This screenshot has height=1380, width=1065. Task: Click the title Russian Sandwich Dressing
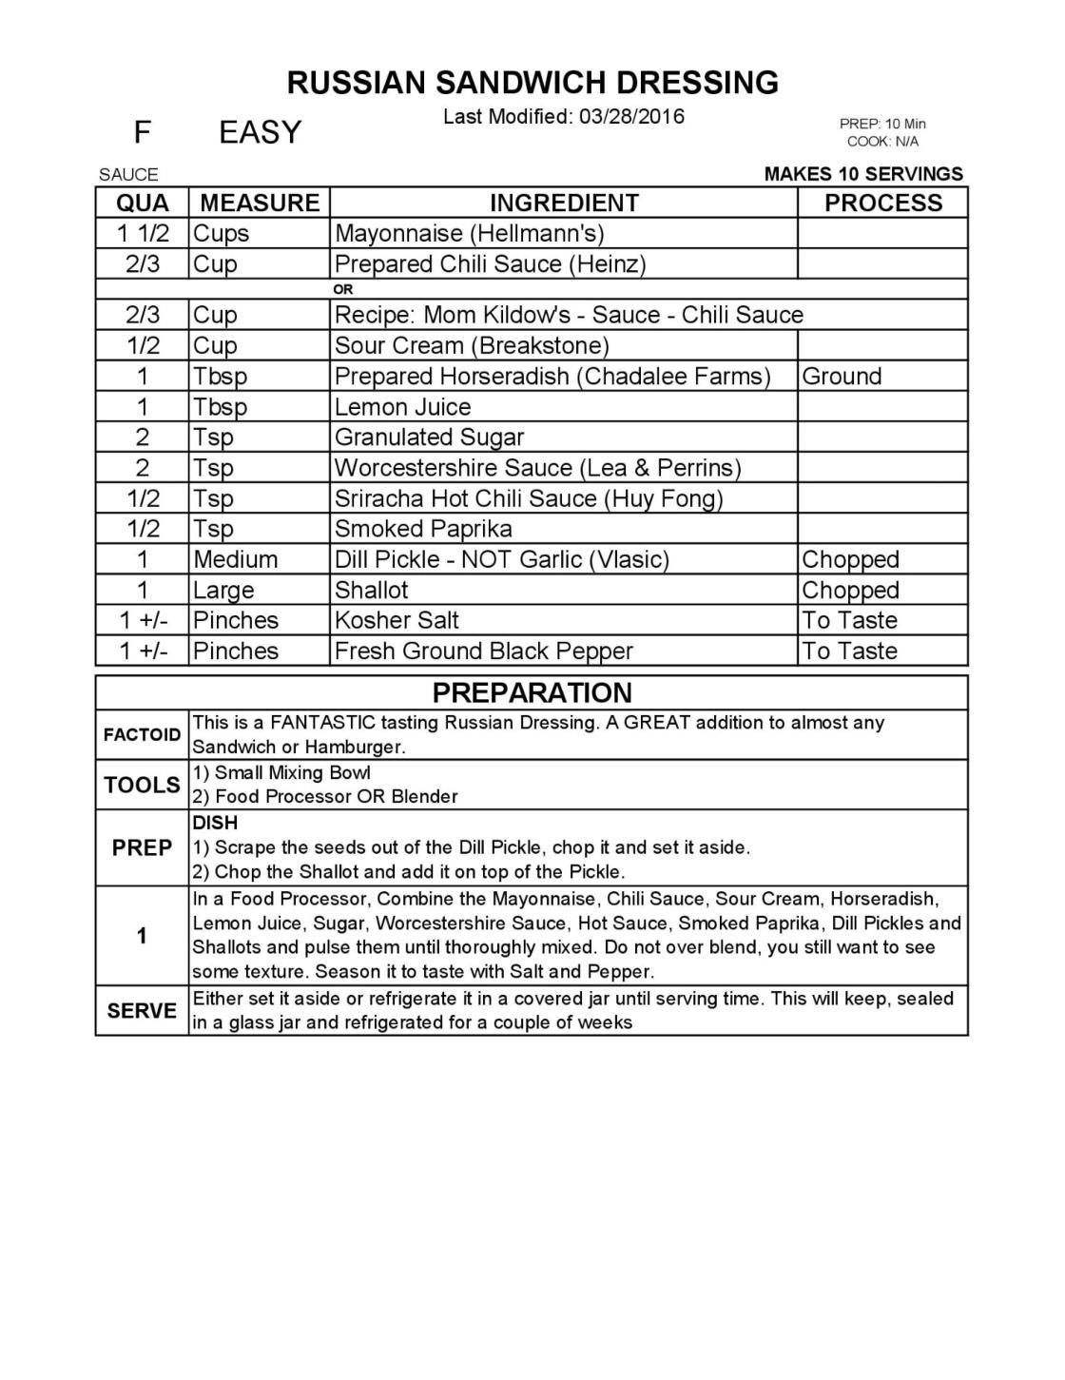tap(532, 83)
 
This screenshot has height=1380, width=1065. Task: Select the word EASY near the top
tap(260, 132)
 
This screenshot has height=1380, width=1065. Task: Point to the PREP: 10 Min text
tap(882, 124)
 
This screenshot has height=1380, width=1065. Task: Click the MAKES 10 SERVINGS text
tap(863, 174)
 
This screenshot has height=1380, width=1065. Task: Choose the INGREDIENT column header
tap(564, 203)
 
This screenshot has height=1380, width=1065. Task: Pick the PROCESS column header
tap(882, 203)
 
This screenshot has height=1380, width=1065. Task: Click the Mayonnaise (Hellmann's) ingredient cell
tap(469, 233)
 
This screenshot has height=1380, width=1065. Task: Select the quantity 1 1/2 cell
tap(143, 233)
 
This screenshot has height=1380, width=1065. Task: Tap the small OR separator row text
tap(343, 289)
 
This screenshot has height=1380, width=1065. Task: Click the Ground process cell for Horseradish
tap(842, 376)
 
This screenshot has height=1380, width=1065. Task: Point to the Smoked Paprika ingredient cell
tap(423, 529)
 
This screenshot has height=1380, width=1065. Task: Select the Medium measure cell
tap(235, 559)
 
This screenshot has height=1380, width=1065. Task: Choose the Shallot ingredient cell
tap(371, 590)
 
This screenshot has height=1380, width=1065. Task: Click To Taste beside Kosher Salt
tap(849, 620)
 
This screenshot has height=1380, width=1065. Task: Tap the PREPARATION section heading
tap(532, 692)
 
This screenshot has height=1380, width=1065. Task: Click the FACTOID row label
tap(142, 734)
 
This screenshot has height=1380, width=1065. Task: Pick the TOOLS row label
tap(142, 785)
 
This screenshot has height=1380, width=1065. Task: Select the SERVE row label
tap(142, 1010)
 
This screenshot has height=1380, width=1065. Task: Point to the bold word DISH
tap(215, 823)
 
